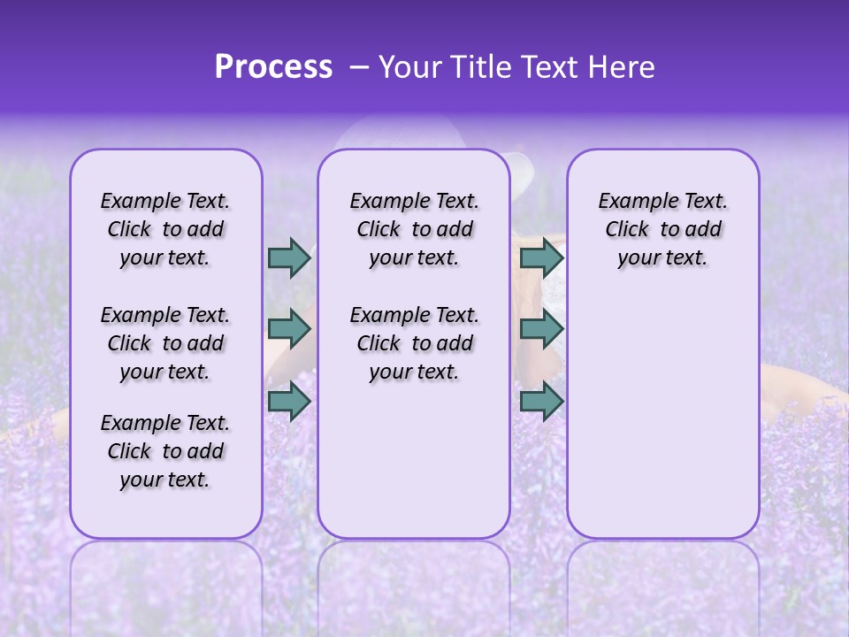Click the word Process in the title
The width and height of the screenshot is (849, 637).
point(273,67)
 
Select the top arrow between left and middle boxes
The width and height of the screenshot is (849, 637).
point(289,257)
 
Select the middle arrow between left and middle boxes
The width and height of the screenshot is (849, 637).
point(289,329)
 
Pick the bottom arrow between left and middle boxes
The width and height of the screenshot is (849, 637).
point(289,401)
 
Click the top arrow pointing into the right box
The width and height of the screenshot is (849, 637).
point(541,257)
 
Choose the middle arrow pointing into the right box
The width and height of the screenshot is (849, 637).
point(541,329)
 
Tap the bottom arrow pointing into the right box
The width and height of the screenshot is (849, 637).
point(541,401)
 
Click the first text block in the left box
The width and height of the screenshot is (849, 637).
point(165,229)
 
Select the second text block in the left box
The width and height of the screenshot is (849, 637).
point(165,343)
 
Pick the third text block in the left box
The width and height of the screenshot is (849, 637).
point(165,451)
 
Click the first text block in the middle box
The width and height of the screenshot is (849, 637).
point(414,229)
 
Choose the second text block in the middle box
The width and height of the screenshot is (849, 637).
point(414,343)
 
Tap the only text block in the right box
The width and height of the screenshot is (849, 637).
point(662,229)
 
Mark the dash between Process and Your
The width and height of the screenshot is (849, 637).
point(358,67)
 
